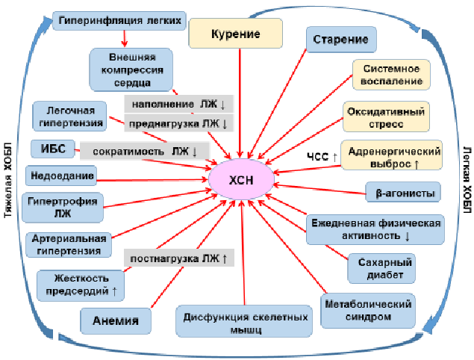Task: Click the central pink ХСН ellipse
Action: (241, 179)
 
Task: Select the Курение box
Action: (235, 34)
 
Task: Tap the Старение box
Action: (341, 40)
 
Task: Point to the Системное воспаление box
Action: (391, 75)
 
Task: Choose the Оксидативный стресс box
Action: (386, 117)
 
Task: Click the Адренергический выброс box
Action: (392, 155)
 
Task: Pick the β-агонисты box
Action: (403, 192)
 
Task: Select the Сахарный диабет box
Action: (381, 269)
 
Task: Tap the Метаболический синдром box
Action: (368, 311)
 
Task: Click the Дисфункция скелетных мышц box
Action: (244, 321)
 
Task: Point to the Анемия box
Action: (116, 321)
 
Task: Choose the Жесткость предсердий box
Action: (81, 285)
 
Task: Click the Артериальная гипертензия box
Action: (69, 245)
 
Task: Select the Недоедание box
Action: (61, 176)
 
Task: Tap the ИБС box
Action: (53, 149)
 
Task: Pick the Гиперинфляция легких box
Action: (119, 21)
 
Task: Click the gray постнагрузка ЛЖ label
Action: (179, 258)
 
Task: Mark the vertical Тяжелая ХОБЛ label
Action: (8, 180)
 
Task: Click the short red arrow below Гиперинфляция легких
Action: (124, 38)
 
